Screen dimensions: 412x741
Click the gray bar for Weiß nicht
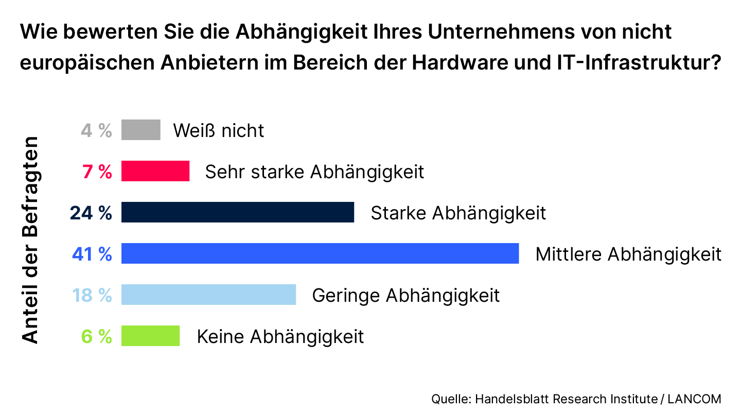(140, 130)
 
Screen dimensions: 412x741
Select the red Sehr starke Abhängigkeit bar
(155, 171)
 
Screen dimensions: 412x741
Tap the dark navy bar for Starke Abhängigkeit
(238, 212)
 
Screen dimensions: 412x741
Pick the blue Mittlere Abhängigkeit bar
(320, 253)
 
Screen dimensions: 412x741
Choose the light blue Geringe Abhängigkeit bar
(208, 295)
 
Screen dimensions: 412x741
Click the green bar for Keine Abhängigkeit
(150, 336)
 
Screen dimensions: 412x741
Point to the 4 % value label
(96, 130)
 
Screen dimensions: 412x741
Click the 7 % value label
(97, 171)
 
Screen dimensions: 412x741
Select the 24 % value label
(91, 213)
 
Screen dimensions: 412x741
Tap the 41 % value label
(92, 254)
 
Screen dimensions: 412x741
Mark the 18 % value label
(92, 295)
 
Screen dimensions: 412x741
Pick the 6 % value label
(97, 336)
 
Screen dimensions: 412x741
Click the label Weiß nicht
(218, 130)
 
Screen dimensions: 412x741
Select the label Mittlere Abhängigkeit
(628, 254)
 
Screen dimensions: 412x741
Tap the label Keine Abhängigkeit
(280, 337)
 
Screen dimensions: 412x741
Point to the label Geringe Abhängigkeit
(406, 296)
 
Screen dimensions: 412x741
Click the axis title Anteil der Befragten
(30, 240)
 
